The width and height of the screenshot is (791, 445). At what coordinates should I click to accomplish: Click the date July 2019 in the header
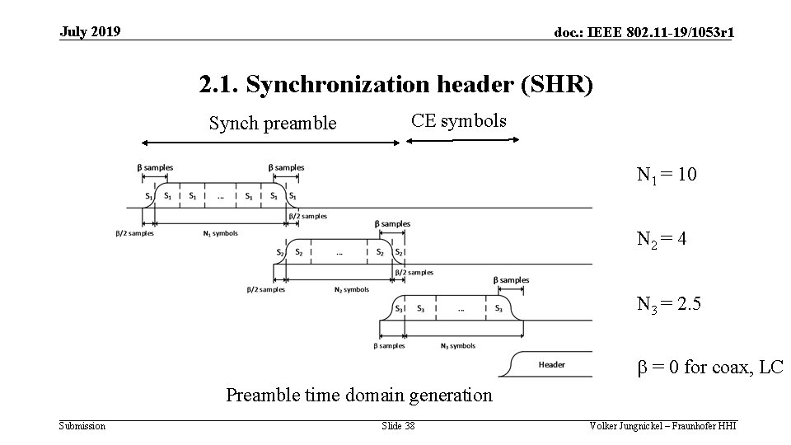[90, 32]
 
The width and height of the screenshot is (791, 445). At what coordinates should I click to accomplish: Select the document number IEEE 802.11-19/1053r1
[645, 33]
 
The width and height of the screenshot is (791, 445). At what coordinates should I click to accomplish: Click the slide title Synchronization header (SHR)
[395, 84]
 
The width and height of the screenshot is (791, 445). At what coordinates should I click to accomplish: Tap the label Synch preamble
[273, 124]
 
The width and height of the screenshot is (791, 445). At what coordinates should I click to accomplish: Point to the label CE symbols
[459, 121]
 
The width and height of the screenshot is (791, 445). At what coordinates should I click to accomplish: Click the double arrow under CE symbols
[463, 140]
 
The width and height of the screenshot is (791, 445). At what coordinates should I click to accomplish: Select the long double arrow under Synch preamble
[270, 142]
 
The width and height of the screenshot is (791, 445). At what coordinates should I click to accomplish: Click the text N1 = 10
[667, 175]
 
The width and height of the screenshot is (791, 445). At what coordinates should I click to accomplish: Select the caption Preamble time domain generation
[359, 395]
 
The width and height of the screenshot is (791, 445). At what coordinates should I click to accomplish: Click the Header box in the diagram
[551, 364]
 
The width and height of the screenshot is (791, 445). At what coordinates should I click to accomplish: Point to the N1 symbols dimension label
[220, 233]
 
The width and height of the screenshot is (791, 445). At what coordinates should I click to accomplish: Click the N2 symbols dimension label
[352, 289]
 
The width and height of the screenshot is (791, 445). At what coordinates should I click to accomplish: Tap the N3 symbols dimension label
[458, 346]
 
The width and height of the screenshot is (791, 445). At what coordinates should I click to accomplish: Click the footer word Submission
[82, 426]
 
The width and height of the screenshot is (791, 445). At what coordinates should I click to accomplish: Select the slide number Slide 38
[398, 426]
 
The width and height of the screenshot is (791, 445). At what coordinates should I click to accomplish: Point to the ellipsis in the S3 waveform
[461, 309]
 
